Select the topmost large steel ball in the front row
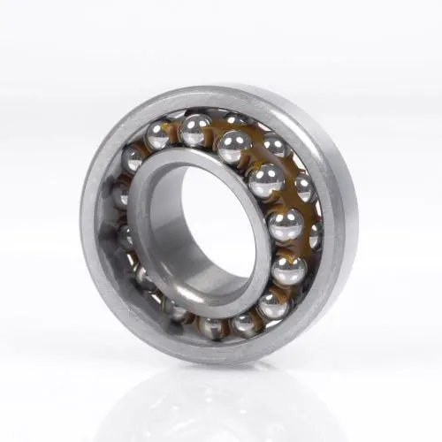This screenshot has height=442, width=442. [195, 130]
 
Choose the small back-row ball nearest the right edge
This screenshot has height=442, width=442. [315, 235]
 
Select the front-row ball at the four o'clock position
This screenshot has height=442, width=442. [288, 270]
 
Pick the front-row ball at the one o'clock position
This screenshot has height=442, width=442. [233, 147]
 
